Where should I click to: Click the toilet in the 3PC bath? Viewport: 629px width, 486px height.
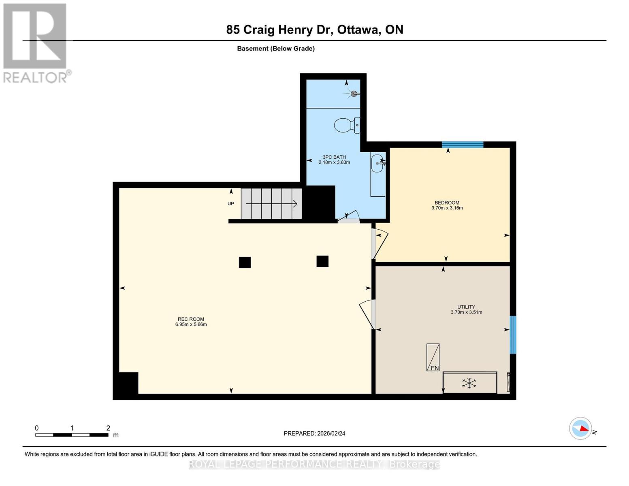click(x=347, y=125)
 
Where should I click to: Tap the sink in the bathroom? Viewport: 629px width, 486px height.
click(x=377, y=163)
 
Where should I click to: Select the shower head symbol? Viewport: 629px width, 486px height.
click(x=354, y=94)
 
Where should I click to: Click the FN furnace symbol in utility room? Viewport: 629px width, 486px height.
click(x=433, y=358)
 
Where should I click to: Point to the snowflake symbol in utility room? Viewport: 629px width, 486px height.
click(x=469, y=383)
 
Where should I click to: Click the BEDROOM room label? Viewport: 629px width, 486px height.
click(x=447, y=202)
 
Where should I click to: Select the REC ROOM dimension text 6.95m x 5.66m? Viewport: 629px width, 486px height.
click(x=191, y=324)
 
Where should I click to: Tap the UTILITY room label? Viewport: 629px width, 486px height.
click(x=466, y=307)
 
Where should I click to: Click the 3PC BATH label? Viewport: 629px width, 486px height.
click(x=334, y=157)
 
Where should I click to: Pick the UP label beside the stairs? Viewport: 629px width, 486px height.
click(x=231, y=204)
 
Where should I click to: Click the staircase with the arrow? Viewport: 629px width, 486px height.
click(x=271, y=204)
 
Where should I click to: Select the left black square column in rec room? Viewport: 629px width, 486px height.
click(x=245, y=262)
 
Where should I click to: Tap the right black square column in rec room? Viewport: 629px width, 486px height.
click(x=322, y=261)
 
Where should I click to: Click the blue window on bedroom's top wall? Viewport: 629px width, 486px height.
click(x=463, y=145)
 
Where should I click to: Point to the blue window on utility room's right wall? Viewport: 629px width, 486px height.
click(x=513, y=335)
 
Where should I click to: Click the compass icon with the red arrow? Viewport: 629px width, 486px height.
click(x=581, y=428)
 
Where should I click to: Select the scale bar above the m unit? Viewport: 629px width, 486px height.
click(x=72, y=435)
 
